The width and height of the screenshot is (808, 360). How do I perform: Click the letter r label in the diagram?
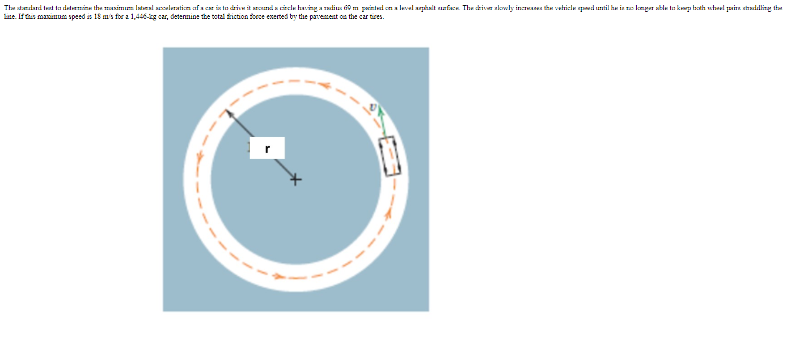click(x=267, y=149)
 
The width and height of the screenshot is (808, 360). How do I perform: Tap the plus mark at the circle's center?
click(x=295, y=180)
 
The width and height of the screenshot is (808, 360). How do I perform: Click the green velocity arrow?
click(x=383, y=121)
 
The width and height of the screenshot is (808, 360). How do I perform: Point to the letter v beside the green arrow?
click(x=373, y=107)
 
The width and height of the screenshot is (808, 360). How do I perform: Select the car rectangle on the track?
click(x=390, y=155)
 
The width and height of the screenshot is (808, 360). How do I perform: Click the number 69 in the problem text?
click(x=348, y=8)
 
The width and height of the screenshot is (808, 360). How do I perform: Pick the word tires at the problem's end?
click(x=376, y=16)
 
